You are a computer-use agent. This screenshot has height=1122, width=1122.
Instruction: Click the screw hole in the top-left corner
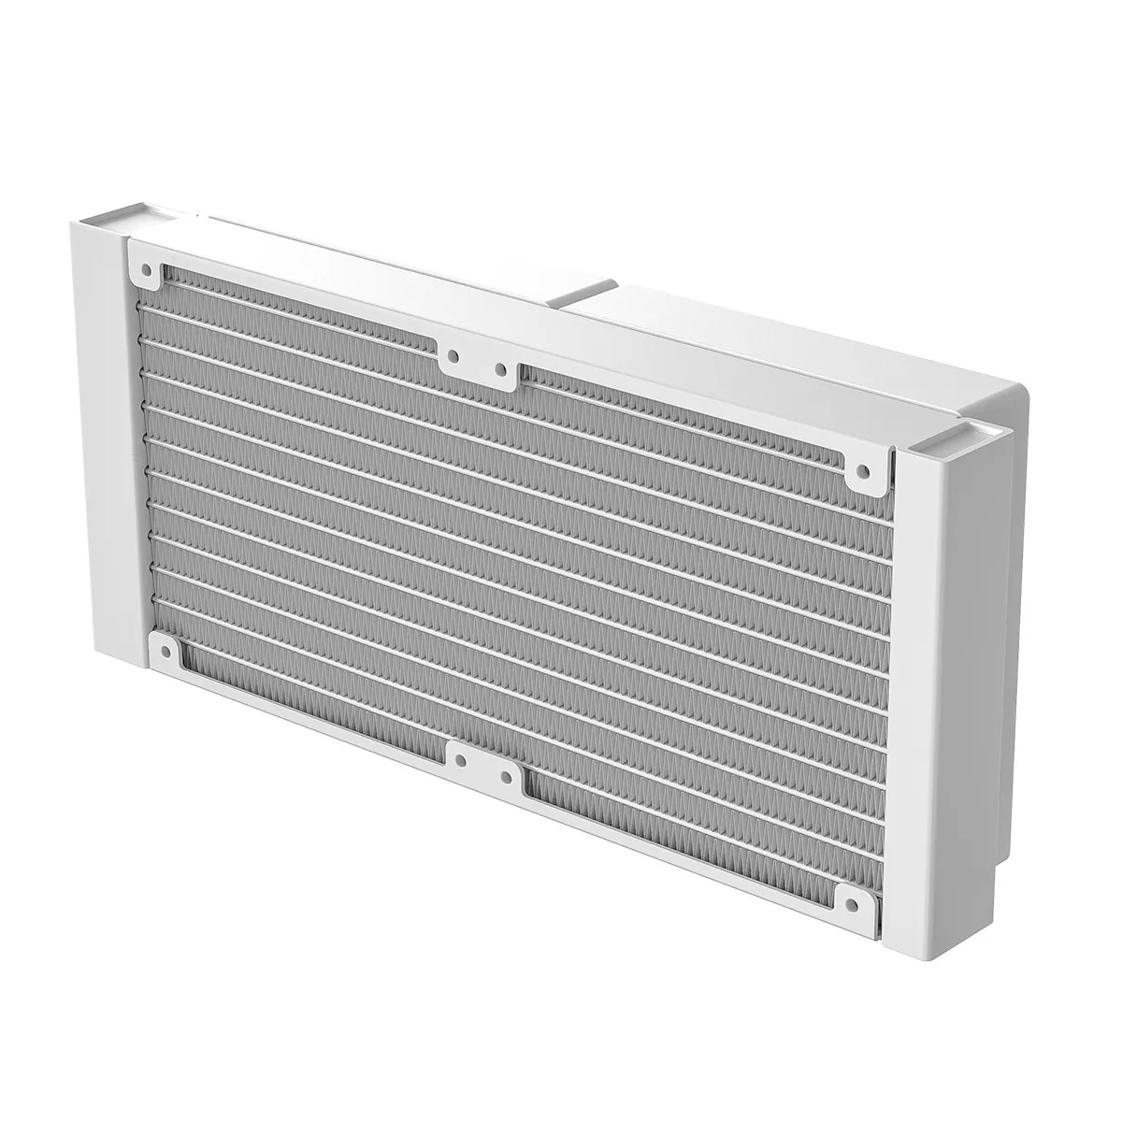tap(148, 270)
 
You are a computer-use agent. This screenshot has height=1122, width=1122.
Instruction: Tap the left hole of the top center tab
tap(453, 356)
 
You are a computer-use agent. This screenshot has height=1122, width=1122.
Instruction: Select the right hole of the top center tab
tap(501, 370)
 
